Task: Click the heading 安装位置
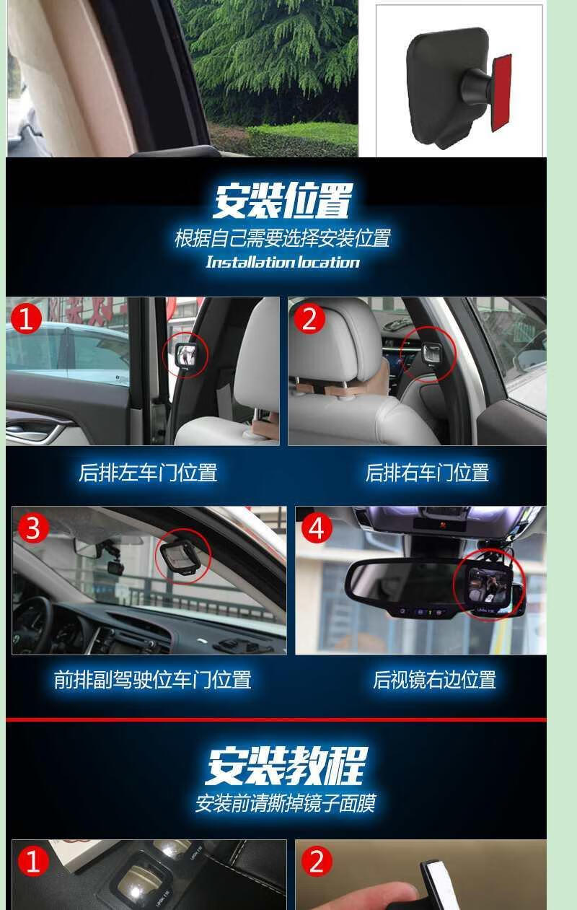pos(283,201)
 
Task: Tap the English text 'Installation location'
pos(283,262)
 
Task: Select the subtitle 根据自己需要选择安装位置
pos(283,238)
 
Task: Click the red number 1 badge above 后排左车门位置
pos(26,318)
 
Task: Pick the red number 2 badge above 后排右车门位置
pos(309,318)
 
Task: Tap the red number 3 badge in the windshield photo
pos(33,528)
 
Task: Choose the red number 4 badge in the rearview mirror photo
pos(317,528)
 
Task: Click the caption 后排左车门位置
pos(148,473)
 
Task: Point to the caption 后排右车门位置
pos(427,473)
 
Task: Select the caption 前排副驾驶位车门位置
pos(153,680)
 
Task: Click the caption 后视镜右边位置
pos(434,680)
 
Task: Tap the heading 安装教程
pos(286,766)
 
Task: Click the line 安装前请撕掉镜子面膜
pos(286,803)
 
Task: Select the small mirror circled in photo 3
pos(181,556)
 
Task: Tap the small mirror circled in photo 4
pos(489,584)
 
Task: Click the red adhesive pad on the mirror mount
pos(501,93)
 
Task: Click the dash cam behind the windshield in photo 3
pos(115,566)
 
